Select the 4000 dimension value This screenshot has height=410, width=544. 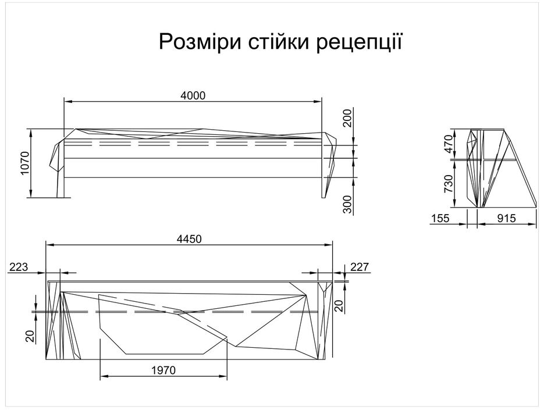click(x=194, y=95)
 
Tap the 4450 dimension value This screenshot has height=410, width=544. click(x=189, y=238)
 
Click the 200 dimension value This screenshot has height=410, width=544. click(x=347, y=118)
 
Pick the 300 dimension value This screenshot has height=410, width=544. click(x=347, y=204)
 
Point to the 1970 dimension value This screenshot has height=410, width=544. click(x=163, y=369)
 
